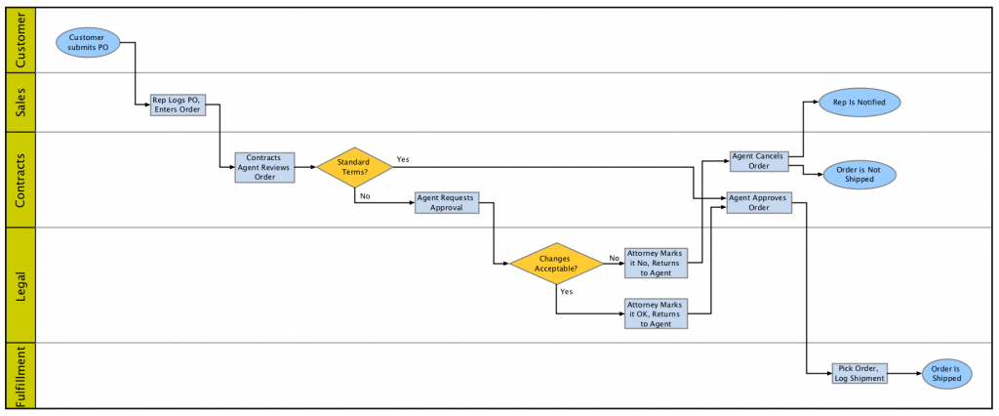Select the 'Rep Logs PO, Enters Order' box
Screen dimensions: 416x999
pos(178,104)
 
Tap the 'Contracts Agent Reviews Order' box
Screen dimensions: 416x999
pos(265,167)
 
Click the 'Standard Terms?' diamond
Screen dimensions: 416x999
pos(354,167)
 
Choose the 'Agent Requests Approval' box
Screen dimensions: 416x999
pos(446,202)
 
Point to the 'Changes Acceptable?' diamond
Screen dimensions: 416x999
pos(556,263)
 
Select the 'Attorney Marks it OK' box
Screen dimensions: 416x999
pos(656,313)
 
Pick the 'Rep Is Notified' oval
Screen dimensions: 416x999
pos(859,102)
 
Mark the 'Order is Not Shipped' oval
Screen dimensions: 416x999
pos(859,174)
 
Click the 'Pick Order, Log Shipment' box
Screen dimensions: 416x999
pos(859,373)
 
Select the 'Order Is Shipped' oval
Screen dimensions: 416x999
pos(946,373)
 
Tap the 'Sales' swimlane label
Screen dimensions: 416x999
pos(21,102)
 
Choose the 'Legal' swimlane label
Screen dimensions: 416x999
pos(21,284)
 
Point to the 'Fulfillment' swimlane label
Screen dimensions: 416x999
pos(21,375)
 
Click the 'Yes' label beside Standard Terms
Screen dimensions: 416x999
pos(403,158)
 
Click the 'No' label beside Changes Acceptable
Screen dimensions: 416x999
pos(614,258)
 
